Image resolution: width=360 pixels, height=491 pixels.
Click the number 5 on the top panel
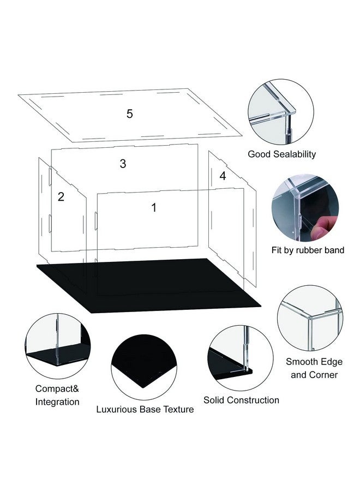pos(130,113)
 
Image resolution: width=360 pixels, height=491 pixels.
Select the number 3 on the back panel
pos(123,164)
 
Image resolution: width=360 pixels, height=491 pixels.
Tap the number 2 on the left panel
pos(61,196)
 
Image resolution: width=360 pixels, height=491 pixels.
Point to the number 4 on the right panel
pos(223,176)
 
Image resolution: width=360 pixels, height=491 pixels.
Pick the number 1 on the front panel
pos(154,207)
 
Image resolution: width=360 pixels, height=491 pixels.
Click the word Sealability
pos(294,154)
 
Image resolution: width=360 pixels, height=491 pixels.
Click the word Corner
pos(323,375)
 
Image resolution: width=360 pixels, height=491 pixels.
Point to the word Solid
pos(214,400)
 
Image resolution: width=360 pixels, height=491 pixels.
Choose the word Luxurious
pos(116,409)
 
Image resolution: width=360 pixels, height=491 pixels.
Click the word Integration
pos(57,402)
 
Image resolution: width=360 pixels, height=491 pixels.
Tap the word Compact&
pos(57,388)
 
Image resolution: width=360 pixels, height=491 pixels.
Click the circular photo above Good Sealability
pos(281,112)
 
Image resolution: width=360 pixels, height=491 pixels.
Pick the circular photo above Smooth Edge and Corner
pos(310,318)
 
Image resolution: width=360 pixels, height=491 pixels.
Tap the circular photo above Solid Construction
pos(240,358)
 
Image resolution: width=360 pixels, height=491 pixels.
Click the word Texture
pos(177,409)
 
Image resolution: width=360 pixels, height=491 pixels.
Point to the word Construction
pos(253,400)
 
